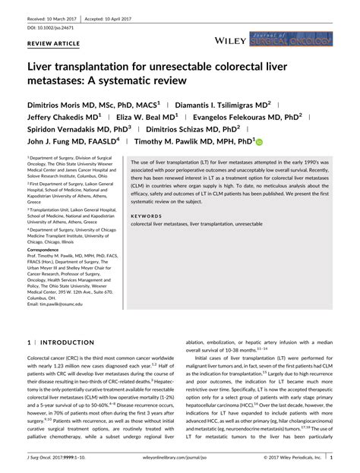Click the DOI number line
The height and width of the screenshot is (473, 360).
click(53, 26)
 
